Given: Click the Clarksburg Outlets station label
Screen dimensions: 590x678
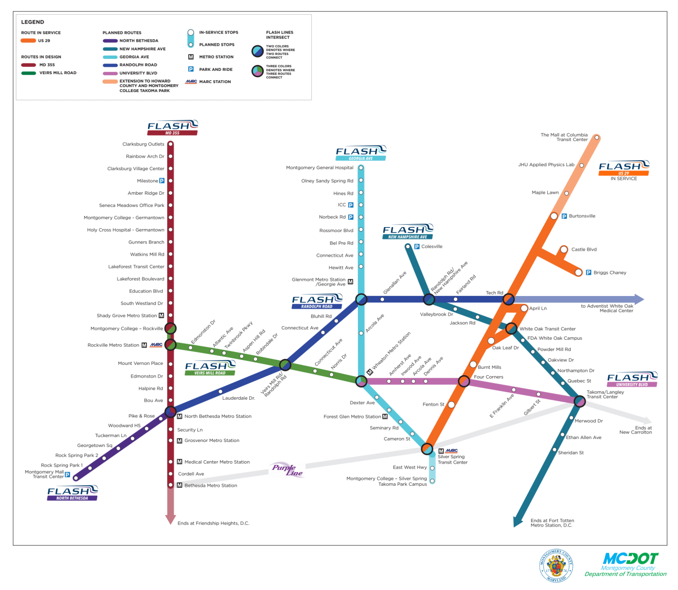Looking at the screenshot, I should coord(143,144).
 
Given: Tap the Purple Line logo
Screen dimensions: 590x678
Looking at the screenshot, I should coord(288,470).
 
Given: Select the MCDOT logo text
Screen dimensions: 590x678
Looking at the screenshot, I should coord(630,559).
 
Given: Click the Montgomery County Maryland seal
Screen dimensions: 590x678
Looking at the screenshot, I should coord(556,565).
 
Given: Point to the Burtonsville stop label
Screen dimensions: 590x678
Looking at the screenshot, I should coord(582,216).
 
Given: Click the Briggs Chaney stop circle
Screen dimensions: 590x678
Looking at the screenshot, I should coord(579,272).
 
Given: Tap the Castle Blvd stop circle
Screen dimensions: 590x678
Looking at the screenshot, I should coord(564,250).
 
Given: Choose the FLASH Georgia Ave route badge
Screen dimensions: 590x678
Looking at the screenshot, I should coord(361,153).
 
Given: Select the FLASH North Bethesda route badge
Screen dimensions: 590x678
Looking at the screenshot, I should coord(72,493).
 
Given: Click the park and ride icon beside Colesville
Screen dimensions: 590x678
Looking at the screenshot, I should coord(417,246).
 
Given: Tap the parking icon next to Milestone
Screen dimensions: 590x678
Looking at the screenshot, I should coord(162,181).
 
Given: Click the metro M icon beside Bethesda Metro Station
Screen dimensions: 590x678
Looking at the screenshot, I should coord(179,485).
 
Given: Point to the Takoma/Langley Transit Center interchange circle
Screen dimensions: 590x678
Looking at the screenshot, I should coord(580,401).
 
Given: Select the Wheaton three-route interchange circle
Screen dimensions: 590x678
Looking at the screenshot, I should coord(361,381).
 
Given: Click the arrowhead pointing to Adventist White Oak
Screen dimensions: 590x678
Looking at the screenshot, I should coord(639,299).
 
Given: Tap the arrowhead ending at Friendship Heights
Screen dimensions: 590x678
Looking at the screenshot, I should coord(171,519).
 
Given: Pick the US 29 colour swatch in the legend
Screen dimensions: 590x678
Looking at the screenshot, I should coord(28,41).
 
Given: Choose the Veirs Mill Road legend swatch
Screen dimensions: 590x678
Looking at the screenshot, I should coord(28,73).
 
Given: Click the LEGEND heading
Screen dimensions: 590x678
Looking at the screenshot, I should coord(32,22).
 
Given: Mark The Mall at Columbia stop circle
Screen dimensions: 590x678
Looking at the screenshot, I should coord(596,138).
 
